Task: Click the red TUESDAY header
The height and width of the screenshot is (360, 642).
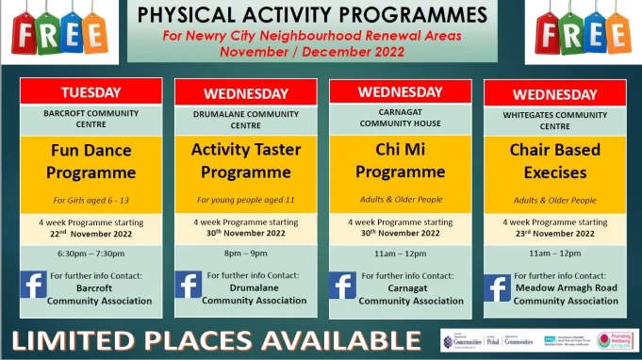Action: [91, 92]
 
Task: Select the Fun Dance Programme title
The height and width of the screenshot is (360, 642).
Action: [91, 161]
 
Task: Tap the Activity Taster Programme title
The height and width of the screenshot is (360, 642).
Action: [245, 161]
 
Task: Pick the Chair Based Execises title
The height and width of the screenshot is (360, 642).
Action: [554, 161]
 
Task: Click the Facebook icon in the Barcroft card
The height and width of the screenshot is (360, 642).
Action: [34, 285]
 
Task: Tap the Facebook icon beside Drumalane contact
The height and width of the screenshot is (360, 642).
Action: [189, 285]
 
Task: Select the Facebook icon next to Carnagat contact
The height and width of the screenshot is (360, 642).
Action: [342, 285]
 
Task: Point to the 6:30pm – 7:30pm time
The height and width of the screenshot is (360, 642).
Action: [91, 254]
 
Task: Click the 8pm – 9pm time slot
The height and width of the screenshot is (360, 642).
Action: [245, 254]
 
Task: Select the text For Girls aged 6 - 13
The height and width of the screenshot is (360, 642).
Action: [91, 200]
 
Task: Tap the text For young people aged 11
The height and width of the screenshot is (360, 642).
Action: [245, 200]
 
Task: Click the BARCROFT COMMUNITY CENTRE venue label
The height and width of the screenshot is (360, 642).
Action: [91, 117]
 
